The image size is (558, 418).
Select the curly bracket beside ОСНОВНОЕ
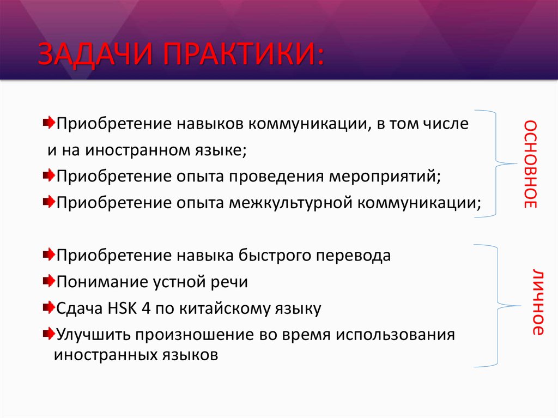tap(499, 164)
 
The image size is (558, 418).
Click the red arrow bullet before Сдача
tap(47, 308)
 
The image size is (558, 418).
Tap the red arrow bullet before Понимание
tap(47, 281)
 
